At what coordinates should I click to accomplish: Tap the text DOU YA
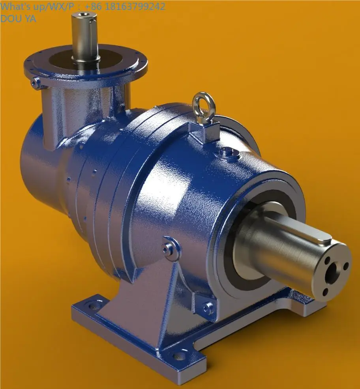click(18, 18)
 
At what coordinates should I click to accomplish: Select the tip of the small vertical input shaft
click(84, 16)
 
